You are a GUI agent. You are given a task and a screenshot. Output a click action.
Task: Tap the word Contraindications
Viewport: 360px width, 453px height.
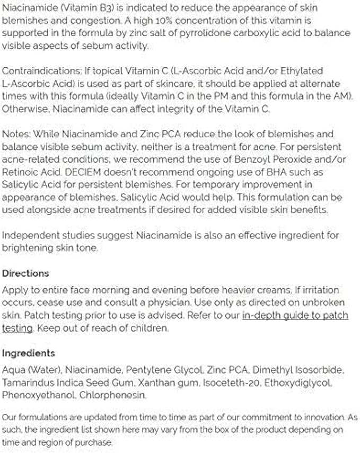pos(36,71)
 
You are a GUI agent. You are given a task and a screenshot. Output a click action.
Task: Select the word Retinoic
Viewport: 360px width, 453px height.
pos(20,172)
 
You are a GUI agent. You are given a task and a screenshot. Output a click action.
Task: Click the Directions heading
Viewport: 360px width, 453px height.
pos(25,273)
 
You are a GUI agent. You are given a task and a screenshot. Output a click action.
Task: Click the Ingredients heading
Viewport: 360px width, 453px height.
pos(29,353)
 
